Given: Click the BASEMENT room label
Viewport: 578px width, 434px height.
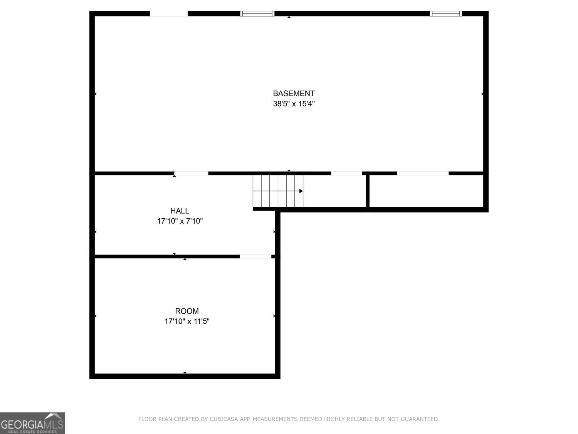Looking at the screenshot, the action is tap(294, 93).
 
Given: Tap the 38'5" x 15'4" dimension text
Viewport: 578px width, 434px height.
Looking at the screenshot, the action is tap(294, 104).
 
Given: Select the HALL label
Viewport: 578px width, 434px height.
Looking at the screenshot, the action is tap(180, 211).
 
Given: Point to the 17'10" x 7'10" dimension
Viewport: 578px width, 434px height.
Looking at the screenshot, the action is tap(180, 221).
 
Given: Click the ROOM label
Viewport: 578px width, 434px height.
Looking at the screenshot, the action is tap(187, 311).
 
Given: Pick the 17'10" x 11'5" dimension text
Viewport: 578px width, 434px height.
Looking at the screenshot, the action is tap(187, 321).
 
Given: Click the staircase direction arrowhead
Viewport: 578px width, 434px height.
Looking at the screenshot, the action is tap(301, 191).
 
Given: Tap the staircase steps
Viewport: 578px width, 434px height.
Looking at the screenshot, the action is tap(278, 191).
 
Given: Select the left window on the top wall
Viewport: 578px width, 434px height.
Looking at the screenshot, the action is tap(257, 14).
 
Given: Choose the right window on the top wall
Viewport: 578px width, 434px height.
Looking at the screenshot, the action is tap(446, 14).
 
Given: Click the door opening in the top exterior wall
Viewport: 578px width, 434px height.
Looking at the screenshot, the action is tap(169, 14).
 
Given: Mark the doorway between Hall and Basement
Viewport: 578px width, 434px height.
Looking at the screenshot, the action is tap(191, 173).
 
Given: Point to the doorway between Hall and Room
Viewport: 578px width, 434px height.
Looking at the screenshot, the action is tap(255, 257).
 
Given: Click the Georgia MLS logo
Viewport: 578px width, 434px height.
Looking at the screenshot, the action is tap(32, 423).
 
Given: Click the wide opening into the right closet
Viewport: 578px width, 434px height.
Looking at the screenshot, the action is tap(423, 173).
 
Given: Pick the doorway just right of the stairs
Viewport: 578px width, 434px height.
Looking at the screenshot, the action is tap(346, 173).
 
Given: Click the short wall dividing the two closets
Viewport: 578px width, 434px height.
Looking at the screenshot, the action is tap(368, 191).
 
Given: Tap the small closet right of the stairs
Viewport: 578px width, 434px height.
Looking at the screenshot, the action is tap(334, 191).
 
